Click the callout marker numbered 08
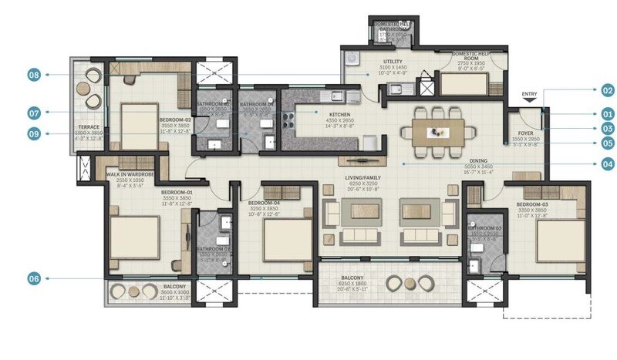(x=34, y=75)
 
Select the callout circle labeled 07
(x=34, y=113)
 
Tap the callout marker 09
(x=34, y=133)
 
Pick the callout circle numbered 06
(x=34, y=279)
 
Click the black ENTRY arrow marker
(x=528, y=103)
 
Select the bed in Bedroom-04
(x=286, y=238)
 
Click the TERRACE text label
(x=91, y=127)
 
